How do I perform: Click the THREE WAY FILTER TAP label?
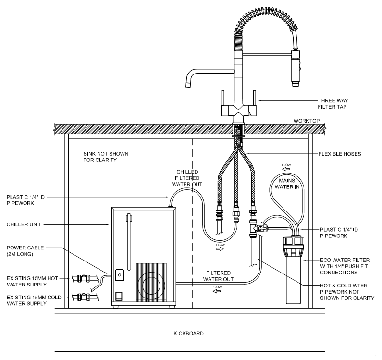click(333, 104)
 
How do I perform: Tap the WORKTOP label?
click(307, 121)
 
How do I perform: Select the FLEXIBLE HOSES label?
click(340, 154)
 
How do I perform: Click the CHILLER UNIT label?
click(24, 224)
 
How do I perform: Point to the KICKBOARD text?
click(188, 334)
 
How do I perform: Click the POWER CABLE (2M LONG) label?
click(25, 251)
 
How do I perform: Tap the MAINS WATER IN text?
click(287, 184)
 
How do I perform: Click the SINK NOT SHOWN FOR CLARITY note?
click(106, 157)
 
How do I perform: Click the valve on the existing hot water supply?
click(84, 278)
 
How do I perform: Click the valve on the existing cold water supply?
click(84, 298)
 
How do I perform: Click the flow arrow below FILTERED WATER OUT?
click(217, 291)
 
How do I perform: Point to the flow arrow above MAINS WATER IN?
click(286, 169)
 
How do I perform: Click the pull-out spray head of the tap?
click(296, 68)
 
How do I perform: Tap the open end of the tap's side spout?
click(189, 85)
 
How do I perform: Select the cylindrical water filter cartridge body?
click(293, 280)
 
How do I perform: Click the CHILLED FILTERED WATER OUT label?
click(187, 178)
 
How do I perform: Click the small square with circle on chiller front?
click(119, 275)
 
